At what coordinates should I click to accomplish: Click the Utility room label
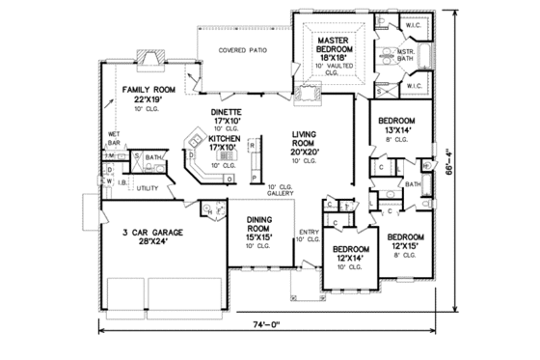click(x=147, y=187)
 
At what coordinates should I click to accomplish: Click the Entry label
click(x=309, y=232)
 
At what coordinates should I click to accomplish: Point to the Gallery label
click(x=282, y=194)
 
